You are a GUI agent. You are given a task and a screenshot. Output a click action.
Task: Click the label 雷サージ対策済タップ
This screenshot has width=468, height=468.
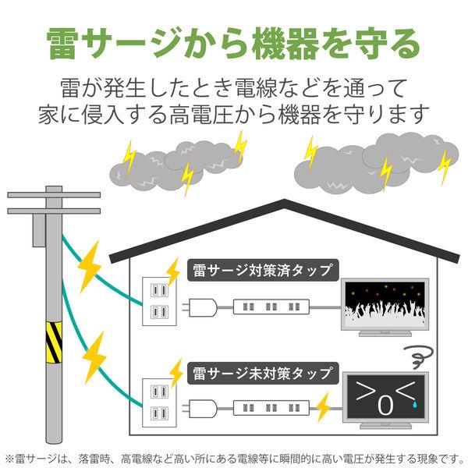[263, 270]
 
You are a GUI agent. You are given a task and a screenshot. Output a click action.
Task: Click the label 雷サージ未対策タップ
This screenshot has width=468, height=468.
[263, 373]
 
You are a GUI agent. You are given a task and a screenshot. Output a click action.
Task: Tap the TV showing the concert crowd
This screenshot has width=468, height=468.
[385, 307]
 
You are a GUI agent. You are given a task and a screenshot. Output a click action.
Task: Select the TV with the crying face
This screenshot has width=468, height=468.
[385, 400]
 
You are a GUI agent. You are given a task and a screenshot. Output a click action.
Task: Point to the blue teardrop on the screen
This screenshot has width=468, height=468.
[415, 404]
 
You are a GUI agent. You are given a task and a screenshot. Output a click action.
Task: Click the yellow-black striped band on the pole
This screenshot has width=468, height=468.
[54, 342]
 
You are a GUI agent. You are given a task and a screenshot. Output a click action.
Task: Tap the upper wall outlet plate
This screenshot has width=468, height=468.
[160, 301]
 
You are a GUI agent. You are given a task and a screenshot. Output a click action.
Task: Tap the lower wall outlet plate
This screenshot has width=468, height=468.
[160, 403]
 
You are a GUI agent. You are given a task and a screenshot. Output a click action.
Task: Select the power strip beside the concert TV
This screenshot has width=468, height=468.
[271, 307]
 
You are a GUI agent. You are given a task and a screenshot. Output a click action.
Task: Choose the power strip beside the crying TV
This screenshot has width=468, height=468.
[271, 408]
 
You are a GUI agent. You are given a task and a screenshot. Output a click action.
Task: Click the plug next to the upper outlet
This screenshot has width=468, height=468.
[200, 307]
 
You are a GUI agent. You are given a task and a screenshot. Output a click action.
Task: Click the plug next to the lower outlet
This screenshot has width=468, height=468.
[200, 409]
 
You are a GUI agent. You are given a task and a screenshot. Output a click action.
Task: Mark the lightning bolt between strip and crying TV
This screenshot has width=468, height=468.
[323, 407]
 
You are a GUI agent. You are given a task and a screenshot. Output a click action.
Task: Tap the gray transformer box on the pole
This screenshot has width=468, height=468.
[39, 230]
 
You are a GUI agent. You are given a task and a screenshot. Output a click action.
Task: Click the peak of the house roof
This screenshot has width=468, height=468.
[284, 200]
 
